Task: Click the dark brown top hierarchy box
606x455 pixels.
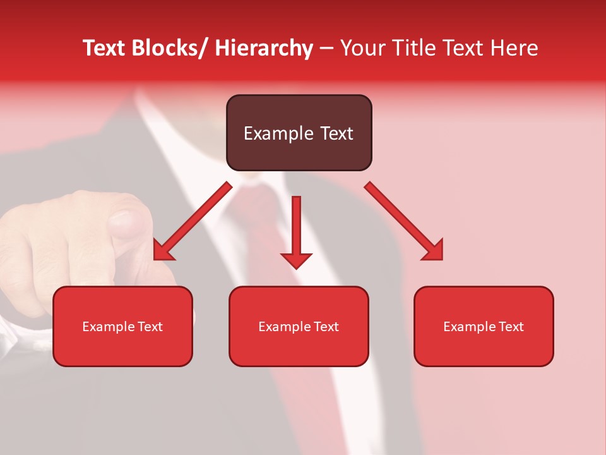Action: tap(299, 133)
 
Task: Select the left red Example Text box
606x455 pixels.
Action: tap(122, 326)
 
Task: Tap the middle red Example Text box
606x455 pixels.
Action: tap(299, 326)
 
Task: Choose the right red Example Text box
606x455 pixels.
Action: tap(484, 326)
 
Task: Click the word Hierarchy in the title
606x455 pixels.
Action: tap(263, 48)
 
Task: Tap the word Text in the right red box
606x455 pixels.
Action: tap(511, 326)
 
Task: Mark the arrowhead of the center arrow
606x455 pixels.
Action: tap(296, 260)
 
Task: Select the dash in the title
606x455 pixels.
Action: tap(326, 49)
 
